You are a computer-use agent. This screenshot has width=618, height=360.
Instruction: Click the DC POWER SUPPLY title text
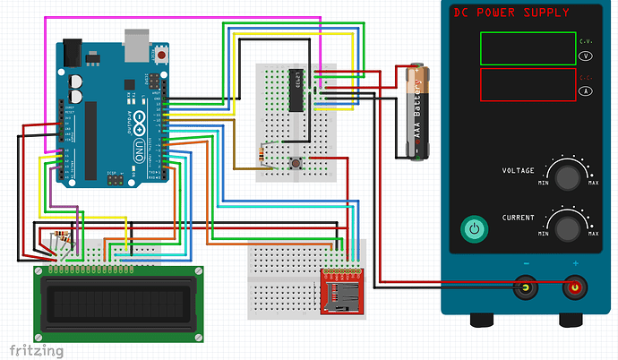(511, 13)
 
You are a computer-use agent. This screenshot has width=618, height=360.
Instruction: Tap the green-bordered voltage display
(526, 47)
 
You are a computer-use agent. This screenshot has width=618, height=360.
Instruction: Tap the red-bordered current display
(526, 85)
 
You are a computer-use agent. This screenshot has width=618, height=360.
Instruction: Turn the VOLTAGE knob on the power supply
(568, 176)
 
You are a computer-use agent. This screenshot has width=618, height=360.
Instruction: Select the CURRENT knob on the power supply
(568, 227)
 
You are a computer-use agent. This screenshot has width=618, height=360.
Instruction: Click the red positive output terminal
(574, 288)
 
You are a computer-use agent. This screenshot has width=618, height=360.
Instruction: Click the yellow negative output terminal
(522, 288)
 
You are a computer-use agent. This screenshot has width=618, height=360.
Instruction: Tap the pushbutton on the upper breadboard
(295, 162)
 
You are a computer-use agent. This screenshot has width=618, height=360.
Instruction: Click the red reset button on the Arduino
(162, 56)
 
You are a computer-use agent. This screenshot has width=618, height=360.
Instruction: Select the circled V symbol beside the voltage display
(586, 56)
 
